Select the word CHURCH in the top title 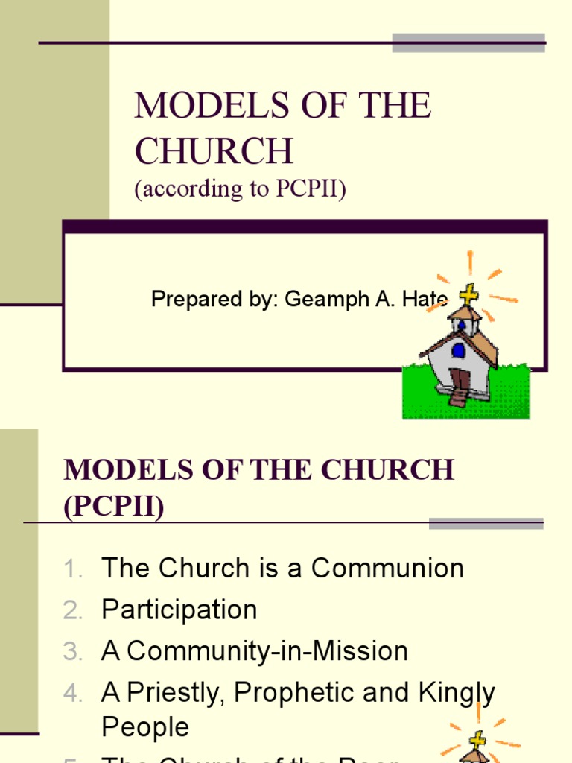pyautogui.click(x=214, y=151)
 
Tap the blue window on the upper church pyautogui.click(x=458, y=350)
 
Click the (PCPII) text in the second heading pyautogui.click(x=114, y=507)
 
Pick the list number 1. pyautogui.click(x=72, y=570)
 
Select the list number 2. pyautogui.click(x=72, y=611)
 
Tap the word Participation pyautogui.click(x=179, y=610)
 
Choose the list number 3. pyautogui.click(x=72, y=653)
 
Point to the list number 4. pyautogui.click(x=72, y=694)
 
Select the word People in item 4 pyautogui.click(x=145, y=727)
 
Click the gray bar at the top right pyautogui.click(x=468, y=42)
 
